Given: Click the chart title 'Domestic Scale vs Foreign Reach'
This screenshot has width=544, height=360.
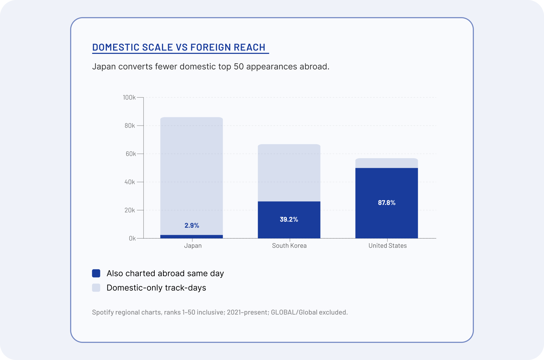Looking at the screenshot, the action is point(179,47).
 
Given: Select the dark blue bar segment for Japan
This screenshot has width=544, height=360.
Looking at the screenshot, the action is point(192,236).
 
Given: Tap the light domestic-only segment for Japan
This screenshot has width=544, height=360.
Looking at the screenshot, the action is point(192,176).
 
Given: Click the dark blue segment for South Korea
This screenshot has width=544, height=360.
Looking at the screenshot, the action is point(289,220).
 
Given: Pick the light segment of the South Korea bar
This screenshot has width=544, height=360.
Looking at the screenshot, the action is point(289,173).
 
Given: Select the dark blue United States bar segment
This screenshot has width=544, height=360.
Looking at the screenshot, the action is point(387,203).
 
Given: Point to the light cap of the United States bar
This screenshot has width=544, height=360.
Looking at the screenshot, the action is point(387,163).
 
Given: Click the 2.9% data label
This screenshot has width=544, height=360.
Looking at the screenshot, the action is point(192,225).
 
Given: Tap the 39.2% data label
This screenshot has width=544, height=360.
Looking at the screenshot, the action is point(289,219).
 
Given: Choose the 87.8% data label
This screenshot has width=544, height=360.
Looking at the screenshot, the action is point(387,202).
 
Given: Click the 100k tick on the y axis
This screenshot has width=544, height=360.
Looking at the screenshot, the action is point(129,97).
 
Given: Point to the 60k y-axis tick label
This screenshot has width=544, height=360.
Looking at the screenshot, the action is point(130,154).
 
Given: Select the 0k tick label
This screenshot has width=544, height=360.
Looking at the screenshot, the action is point(132,238).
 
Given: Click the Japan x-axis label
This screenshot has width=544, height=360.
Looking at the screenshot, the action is point(193,246).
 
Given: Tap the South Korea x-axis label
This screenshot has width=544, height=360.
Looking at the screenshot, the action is point(289,246).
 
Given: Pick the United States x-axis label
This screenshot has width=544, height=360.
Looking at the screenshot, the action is point(387,246).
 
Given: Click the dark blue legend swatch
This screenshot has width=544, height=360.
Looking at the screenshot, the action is point(96,273).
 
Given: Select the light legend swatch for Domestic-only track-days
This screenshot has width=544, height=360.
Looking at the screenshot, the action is point(96,288).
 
